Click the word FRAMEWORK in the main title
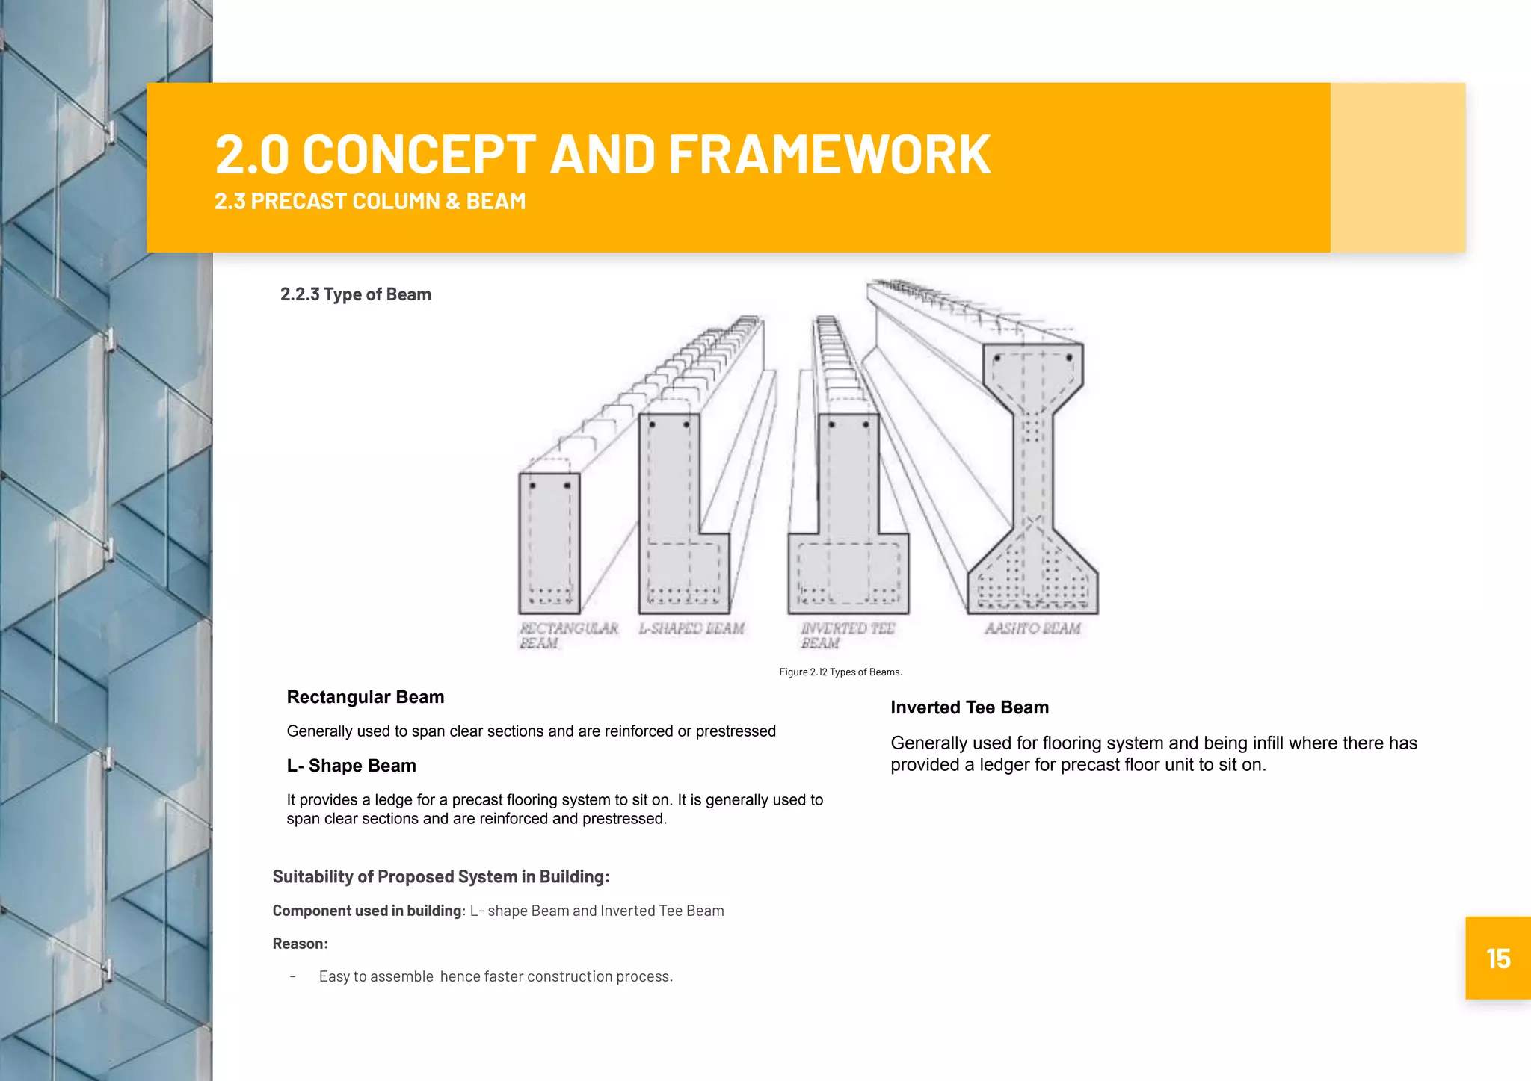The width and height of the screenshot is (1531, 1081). tap(829, 155)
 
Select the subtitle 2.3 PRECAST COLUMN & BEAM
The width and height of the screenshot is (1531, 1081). tap(370, 202)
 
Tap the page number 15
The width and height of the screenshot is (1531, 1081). tap(1497, 958)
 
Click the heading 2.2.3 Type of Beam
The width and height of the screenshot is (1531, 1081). tap(356, 294)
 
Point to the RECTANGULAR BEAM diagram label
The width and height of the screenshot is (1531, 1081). tap(568, 635)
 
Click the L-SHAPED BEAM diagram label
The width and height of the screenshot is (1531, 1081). tap(691, 628)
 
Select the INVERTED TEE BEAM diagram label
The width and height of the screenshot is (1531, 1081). tap(847, 635)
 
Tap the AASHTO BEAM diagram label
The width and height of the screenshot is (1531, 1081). tap(1032, 628)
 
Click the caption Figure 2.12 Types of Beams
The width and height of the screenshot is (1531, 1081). tap(840, 672)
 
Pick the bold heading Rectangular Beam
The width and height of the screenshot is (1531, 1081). tap(366, 697)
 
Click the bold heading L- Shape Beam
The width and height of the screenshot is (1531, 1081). tap(351, 766)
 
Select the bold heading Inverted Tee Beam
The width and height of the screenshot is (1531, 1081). tap(970, 707)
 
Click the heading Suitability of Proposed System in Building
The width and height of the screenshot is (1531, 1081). tap(441, 876)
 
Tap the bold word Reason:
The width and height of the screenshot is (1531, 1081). tap(300, 944)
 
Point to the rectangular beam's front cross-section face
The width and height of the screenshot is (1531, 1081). tap(549, 543)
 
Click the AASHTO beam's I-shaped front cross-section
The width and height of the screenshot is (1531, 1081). tap(1032, 478)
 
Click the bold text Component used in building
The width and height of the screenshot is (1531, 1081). tap(366, 911)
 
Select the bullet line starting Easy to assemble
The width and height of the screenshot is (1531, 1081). tap(496, 976)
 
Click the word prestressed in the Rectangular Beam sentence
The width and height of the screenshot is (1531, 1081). tap(736, 731)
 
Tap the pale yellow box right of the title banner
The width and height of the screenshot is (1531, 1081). tap(1397, 167)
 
